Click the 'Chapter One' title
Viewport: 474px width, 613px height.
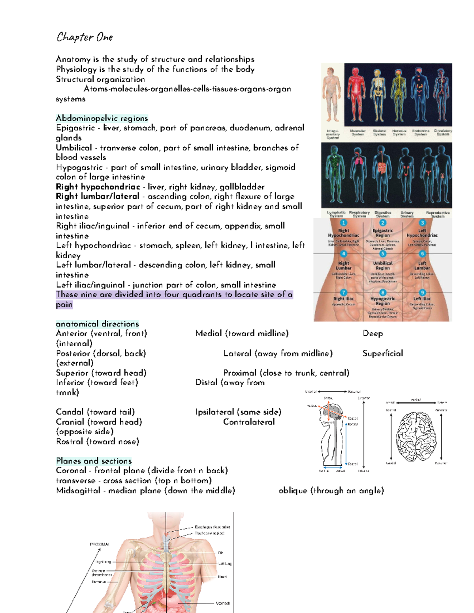click(85, 37)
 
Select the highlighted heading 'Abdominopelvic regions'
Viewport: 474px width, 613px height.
click(102, 118)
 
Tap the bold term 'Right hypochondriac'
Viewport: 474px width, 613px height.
click(98, 187)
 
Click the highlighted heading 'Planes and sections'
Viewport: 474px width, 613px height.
click(94, 461)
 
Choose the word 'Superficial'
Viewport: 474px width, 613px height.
click(383, 353)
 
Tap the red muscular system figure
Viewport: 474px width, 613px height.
click(357, 95)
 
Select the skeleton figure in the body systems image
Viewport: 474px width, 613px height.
click(378, 95)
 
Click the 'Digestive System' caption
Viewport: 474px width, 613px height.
click(382, 214)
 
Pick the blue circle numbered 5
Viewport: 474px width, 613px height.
click(382, 254)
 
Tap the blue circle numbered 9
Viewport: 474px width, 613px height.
click(422, 292)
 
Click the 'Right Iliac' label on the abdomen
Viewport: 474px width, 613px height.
click(343, 299)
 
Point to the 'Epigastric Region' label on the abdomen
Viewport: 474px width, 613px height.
click(382, 233)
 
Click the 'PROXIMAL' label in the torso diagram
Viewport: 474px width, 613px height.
click(99, 544)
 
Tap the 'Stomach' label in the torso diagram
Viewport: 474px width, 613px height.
click(223, 603)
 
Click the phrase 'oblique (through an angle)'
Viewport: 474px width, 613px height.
click(331, 490)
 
